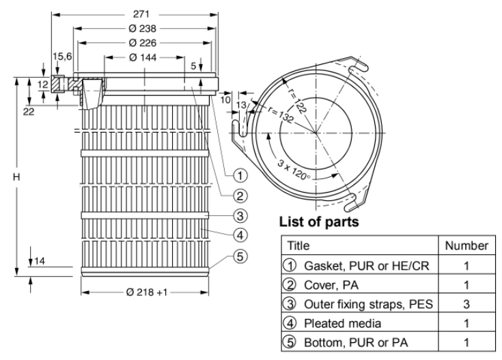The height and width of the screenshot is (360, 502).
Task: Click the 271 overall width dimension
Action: [141, 14]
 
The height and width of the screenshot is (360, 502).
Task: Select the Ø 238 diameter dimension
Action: [143, 29]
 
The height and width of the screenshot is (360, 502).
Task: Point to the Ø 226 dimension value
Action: [143, 43]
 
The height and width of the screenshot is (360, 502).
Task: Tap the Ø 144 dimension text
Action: [143, 57]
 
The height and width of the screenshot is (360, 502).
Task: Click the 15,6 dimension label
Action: [62, 57]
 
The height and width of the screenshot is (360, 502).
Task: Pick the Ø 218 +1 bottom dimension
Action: [147, 292]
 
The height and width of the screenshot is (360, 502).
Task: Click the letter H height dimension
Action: [16, 177]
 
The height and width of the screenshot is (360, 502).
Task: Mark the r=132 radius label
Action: [281, 114]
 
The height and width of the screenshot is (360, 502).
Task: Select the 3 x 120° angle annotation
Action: [294, 170]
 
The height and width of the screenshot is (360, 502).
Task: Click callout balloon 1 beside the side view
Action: [240, 176]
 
